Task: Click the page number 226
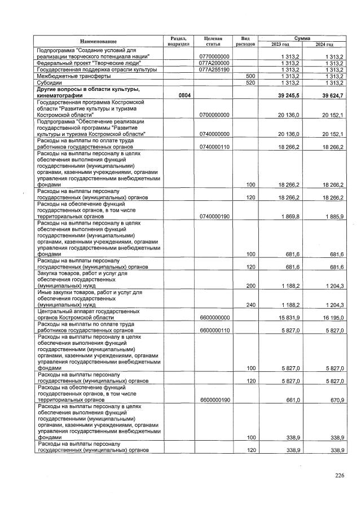tap(339, 476)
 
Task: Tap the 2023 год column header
tap(280, 44)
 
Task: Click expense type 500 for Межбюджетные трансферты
tap(248, 76)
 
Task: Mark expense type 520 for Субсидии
tap(248, 82)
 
